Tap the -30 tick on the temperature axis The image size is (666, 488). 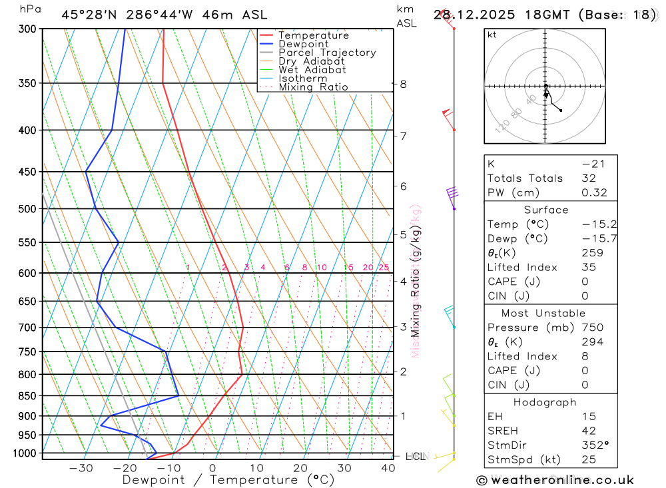81,468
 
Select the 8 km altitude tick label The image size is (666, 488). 404,84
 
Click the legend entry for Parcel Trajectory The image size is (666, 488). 327,53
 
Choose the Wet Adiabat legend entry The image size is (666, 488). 312,70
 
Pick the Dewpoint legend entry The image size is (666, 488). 303,44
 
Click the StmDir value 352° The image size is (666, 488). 594,445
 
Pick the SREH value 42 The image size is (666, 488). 589,431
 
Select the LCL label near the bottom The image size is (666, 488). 415,457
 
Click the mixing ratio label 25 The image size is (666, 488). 384,268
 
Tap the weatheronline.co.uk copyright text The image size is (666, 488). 555,480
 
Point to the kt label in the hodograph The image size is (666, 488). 492,35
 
